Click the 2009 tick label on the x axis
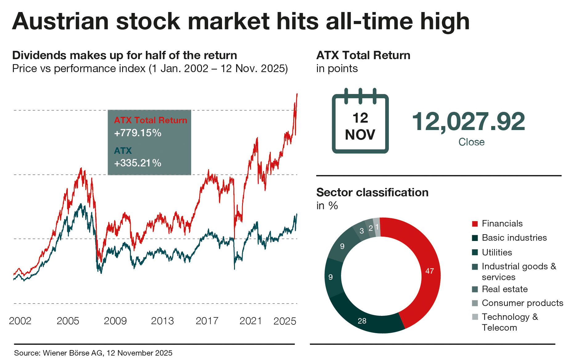coord(115,321)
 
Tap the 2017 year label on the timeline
coord(207,321)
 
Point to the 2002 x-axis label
coord(20,321)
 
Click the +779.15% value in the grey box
coord(138,133)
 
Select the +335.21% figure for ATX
coord(138,163)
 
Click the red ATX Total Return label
coord(150,120)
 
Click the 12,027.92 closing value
coord(468,122)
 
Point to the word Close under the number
coord(471,142)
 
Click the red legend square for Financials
coord(475,224)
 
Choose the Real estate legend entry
coord(504,289)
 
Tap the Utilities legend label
coord(497,252)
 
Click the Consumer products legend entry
coord(522,303)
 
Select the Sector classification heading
coord(372,192)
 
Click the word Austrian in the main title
coord(60,22)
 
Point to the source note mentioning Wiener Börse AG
coord(93,353)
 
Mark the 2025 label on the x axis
coord(285,321)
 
